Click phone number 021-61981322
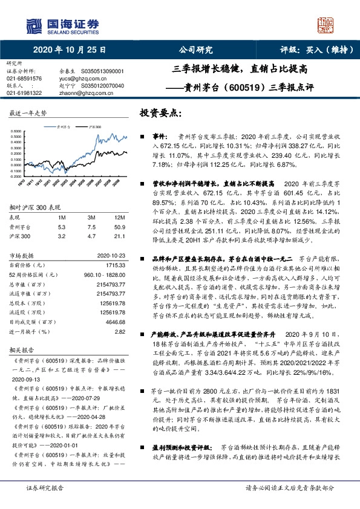[24, 92]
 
